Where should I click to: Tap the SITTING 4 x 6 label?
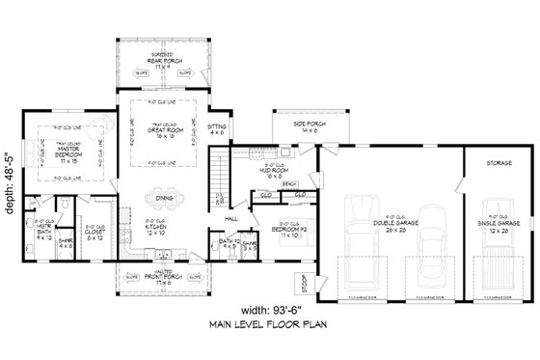[218, 129]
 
